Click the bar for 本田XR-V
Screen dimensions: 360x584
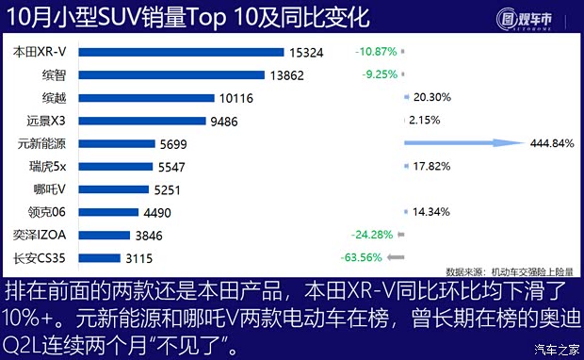click(178, 52)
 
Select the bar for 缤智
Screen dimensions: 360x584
click(170, 74)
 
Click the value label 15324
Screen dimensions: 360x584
click(309, 52)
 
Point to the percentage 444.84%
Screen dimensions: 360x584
click(552, 143)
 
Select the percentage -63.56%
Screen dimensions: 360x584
click(359, 257)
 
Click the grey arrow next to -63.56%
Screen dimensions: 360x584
click(395, 257)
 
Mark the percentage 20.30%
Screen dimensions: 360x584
click(431, 96)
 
